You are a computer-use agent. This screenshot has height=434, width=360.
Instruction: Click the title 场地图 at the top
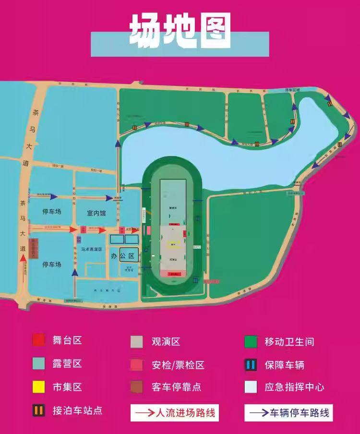click(x=180, y=32)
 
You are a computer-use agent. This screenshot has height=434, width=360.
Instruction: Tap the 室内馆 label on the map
click(x=96, y=213)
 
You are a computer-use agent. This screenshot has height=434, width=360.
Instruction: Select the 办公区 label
click(x=123, y=255)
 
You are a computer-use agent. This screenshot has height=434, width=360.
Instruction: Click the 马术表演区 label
click(x=92, y=250)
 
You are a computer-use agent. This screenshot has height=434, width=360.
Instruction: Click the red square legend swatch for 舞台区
click(x=39, y=340)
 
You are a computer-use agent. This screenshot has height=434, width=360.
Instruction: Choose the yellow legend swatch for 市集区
click(x=39, y=386)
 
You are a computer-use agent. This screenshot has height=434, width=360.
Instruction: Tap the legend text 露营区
click(x=67, y=363)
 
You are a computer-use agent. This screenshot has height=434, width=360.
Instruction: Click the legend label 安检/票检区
click(x=178, y=365)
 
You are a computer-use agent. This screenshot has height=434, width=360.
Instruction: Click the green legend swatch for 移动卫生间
click(x=251, y=342)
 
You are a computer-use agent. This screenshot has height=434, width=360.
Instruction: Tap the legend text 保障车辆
click(x=284, y=365)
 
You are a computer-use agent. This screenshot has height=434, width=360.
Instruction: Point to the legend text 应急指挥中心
click(x=294, y=387)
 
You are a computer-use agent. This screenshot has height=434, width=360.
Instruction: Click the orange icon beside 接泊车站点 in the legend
click(x=39, y=410)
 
